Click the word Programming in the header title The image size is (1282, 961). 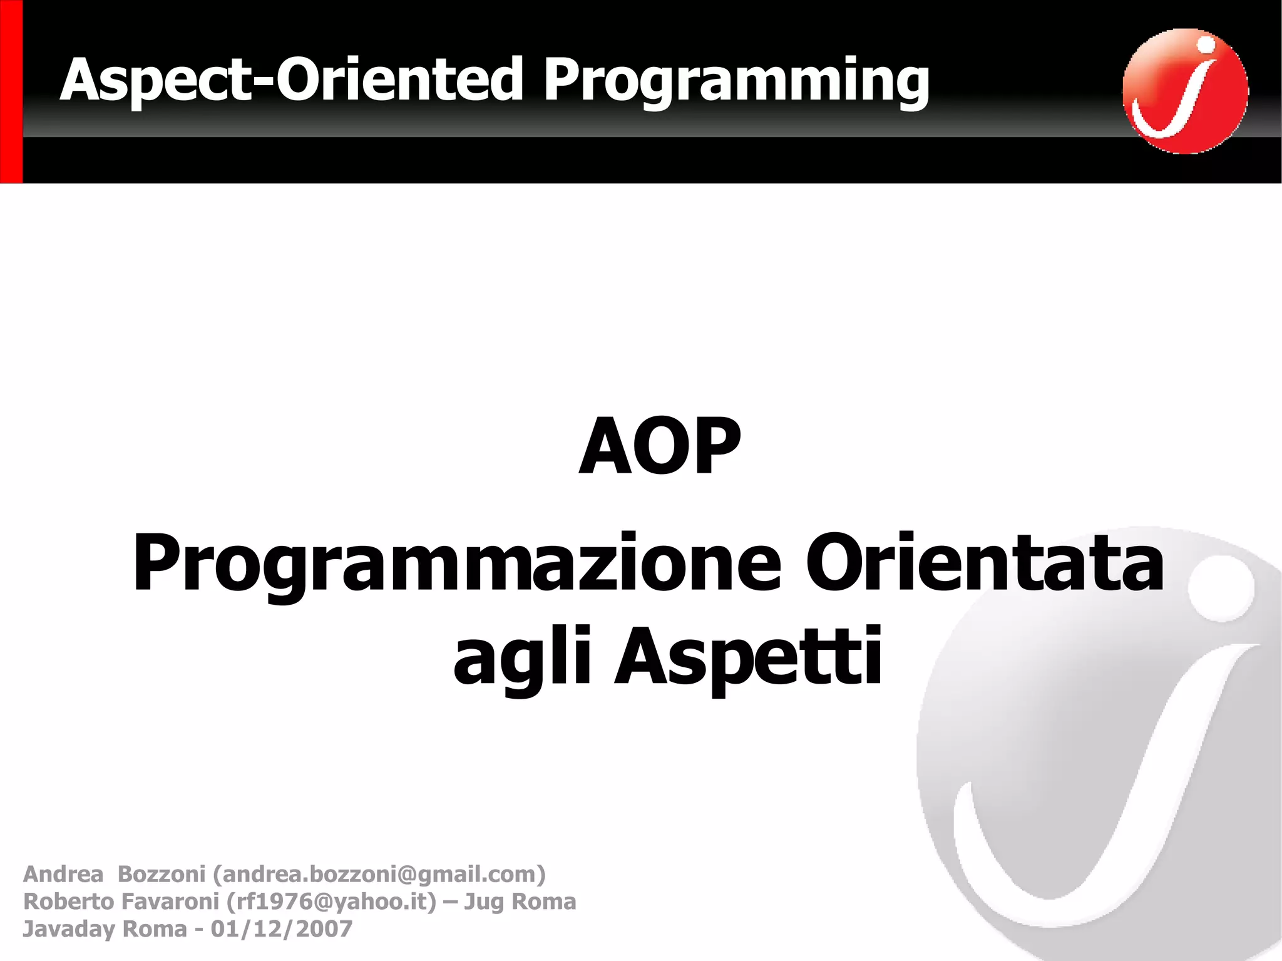pos(736,80)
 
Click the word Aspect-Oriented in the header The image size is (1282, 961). pos(291,80)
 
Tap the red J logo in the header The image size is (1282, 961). pos(1185,91)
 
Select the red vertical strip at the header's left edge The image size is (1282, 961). pos(11,91)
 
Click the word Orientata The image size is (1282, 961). pos(984,562)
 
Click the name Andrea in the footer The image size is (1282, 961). pos(63,874)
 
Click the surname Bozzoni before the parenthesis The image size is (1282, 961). pos(162,874)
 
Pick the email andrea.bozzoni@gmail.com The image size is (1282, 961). pos(379,874)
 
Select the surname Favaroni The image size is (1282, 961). pos(170,902)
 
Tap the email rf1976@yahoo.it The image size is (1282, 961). pos(331,902)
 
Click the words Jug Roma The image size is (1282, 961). pos(520,902)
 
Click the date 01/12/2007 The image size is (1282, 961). pos(281,929)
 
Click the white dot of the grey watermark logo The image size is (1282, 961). pos(1221,588)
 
